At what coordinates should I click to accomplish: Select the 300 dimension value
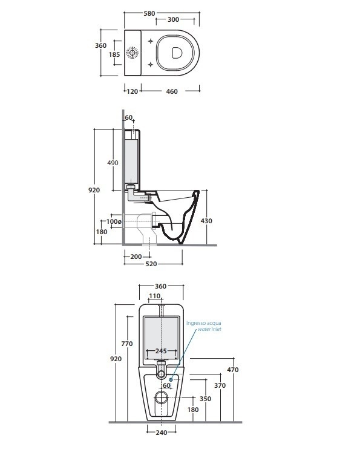pyautogui.click(x=172, y=20)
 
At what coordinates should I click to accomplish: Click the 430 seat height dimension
pyautogui.click(x=206, y=221)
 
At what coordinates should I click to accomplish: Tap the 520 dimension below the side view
pyautogui.click(x=150, y=264)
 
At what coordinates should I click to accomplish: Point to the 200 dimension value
pyautogui.click(x=136, y=257)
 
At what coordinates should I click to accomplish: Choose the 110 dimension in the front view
pyautogui.click(x=155, y=296)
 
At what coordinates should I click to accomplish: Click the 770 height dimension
pyautogui.click(x=126, y=344)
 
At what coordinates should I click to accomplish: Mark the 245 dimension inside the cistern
pyautogui.click(x=160, y=351)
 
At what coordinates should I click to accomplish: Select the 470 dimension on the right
pyautogui.click(x=233, y=370)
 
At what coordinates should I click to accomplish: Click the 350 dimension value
pyautogui.click(x=206, y=399)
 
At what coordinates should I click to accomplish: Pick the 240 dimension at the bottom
pyautogui.click(x=161, y=432)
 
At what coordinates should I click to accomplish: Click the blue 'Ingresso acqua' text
pyautogui.click(x=203, y=323)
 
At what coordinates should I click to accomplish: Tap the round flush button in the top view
pyautogui.click(x=134, y=54)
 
